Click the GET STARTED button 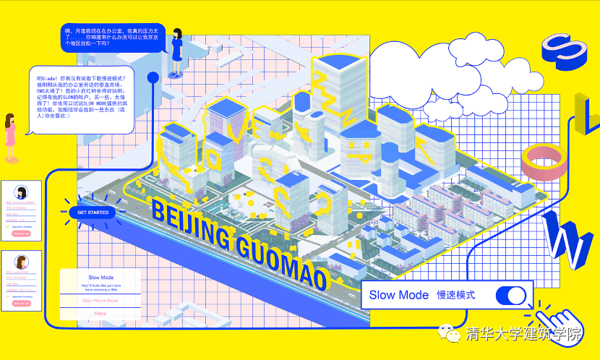coord(93,213)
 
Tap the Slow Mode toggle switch coord(511,296)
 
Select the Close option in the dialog coord(100,313)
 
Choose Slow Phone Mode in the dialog coord(100,300)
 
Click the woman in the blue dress coord(177,46)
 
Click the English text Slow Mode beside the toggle coord(399,295)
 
